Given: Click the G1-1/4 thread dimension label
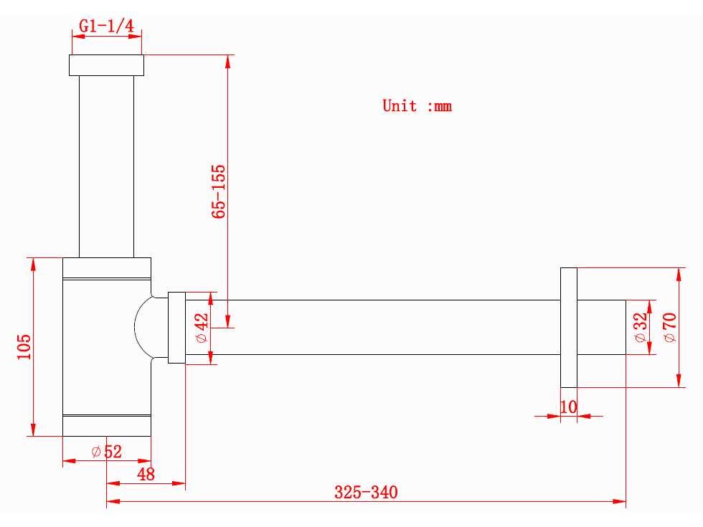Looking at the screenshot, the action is click(107, 26).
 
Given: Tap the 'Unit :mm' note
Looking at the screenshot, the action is click(417, 106).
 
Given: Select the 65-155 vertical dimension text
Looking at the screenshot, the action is click(218, 191).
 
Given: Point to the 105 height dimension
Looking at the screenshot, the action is click(24, 346).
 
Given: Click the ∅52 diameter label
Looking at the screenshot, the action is click(106, 451).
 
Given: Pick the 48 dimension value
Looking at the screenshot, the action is click(146, 474).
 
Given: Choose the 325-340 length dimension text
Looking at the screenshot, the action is click(366, 492).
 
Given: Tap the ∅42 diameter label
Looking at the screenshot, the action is click(202, 328).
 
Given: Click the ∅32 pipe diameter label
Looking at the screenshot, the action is click(641, 327).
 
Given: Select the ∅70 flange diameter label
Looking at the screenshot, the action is click(669, 328).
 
